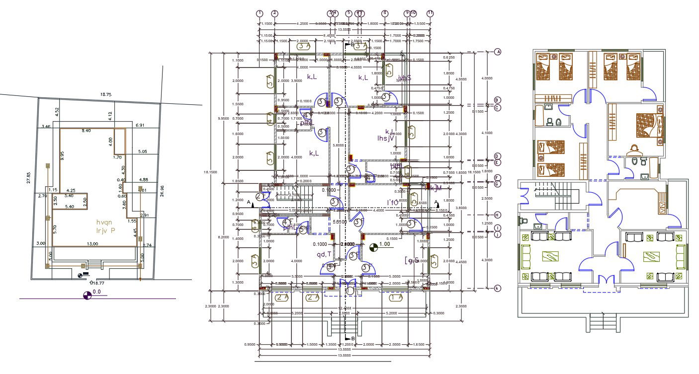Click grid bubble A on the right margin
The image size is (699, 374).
497,52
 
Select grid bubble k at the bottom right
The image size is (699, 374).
497,288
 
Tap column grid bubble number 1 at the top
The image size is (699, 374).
259,13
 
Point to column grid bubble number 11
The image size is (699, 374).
430,13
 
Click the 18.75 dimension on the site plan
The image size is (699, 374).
105,94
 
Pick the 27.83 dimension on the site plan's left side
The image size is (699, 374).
29,177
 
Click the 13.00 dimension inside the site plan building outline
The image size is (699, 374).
92,244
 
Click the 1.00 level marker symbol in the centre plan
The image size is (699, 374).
374,245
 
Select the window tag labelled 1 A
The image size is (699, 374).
396,297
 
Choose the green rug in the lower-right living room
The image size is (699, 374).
653,256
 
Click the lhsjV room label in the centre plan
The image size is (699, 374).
386,139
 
